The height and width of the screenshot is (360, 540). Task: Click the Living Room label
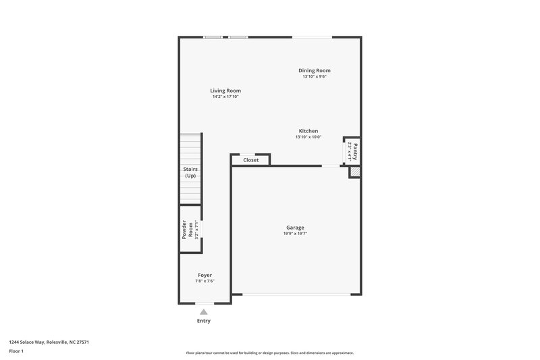coord(225,91)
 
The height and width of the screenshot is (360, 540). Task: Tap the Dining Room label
coord(315,70)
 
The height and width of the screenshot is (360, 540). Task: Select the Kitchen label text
coord(308,131)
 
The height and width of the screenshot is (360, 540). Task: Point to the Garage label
coord(294,228)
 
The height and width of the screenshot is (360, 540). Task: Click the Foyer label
coord(205,275)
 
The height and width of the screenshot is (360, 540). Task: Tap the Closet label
coord(251,160)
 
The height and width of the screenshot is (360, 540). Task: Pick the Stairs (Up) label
coord(190,172)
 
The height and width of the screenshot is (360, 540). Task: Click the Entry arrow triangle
coord(203,311)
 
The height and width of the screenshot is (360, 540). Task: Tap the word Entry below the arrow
coord(203,321)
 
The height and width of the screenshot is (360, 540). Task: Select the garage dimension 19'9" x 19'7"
coord(294,234)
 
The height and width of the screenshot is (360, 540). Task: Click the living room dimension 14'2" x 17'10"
coord(225,97)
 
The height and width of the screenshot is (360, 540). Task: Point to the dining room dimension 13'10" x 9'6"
coord(315,76)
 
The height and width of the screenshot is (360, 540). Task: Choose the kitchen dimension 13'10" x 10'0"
coord(308,137)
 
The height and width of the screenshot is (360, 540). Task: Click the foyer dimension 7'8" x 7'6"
coord(205,281)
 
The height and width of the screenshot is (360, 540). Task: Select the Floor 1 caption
coord(17,352)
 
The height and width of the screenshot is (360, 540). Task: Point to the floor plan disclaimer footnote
coord(270,353)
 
